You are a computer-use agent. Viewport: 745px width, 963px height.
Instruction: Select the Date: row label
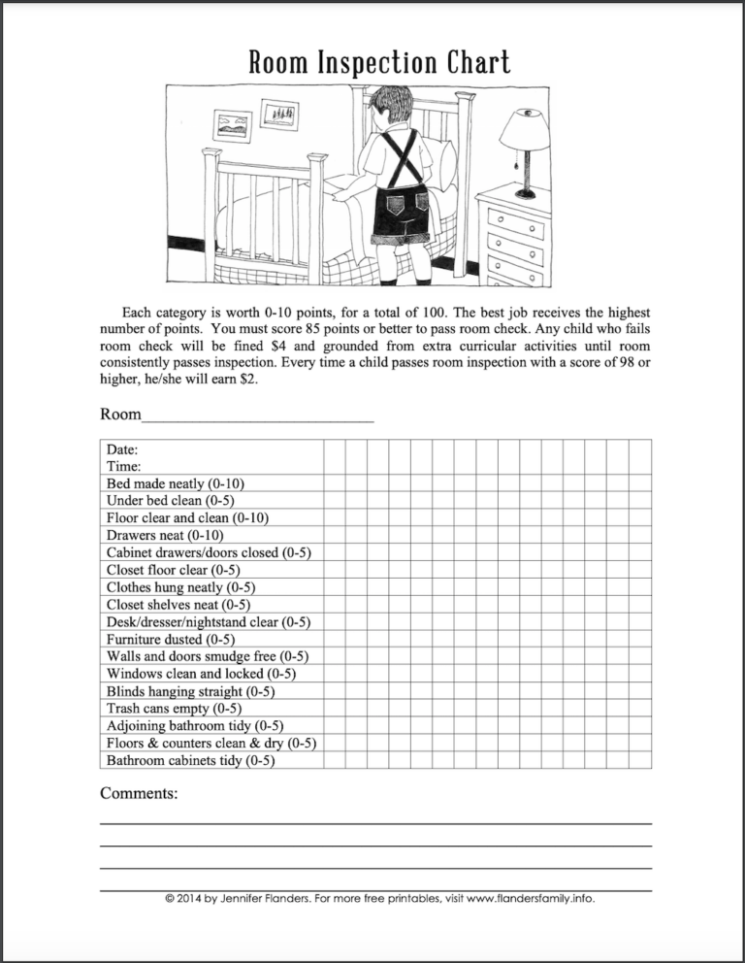pyautogui.click(x=122, y=449)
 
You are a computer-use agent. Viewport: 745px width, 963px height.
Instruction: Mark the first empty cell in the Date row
pyautogui.click(x=334, y=449)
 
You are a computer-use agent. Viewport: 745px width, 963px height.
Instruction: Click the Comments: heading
pyautogui.click(x=139, y=793)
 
